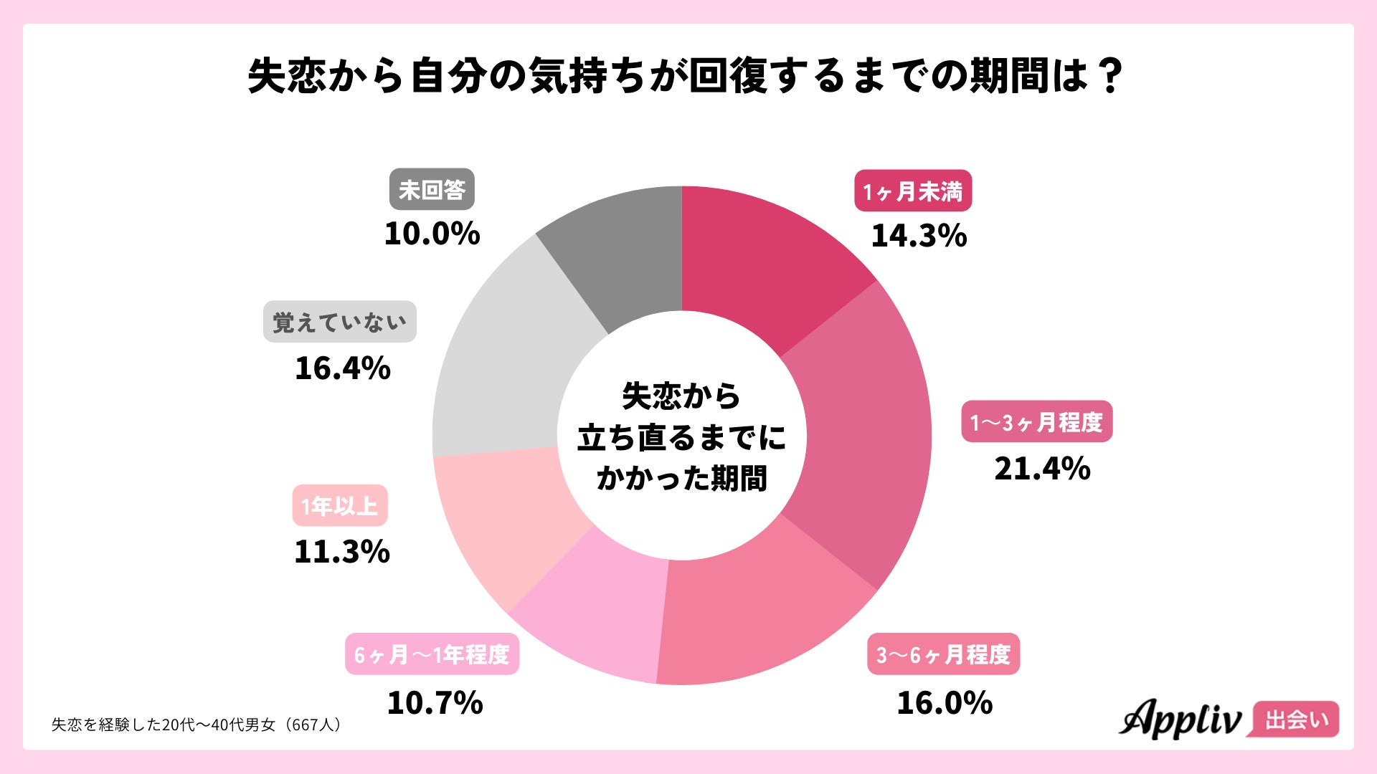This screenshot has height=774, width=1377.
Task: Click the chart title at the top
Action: pos(685,75)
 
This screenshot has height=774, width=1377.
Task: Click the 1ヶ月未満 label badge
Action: pos(912,191)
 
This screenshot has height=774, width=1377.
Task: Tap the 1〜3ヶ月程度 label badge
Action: pos(1036,422)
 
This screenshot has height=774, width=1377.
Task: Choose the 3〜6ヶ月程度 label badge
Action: pos(943,654)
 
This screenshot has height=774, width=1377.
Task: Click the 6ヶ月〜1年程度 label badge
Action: pos(432,654)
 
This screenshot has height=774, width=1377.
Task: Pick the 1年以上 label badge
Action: pos(340,506)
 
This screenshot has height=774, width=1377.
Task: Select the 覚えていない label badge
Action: pos(340,322)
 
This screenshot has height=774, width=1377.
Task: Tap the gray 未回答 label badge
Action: pos(432,190)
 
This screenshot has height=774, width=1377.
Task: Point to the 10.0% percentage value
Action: pos(432,234)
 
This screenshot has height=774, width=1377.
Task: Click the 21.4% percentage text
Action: pos(1042,469)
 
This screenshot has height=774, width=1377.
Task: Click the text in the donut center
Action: pos(681,437)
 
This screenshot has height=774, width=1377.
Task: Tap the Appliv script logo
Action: pos(1180,719)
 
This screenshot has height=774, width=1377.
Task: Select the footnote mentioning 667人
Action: pos(197,725)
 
